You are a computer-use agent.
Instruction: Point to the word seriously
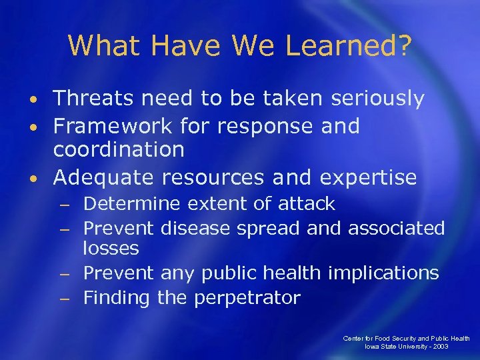tap(371, 99)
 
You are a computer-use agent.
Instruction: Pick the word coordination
tap(119, 149)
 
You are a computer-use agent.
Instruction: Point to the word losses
tap(111, 249)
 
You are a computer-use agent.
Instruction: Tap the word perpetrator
tap(247, 297)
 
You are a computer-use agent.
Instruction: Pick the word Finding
tap(117, 297)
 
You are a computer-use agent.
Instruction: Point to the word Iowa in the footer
tap(372, 347)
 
